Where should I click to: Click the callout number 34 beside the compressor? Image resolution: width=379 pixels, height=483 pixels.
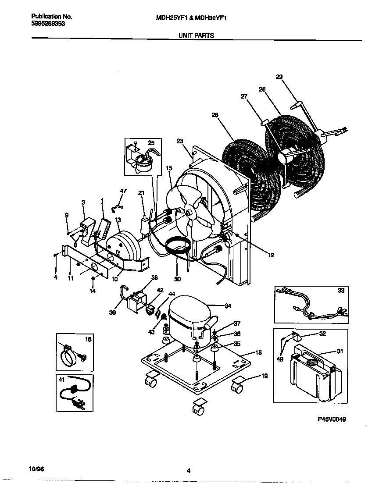click(228, 305)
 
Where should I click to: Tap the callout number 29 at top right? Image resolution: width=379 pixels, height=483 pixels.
click(279, 77)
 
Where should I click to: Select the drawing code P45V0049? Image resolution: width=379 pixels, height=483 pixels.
click(332, 419)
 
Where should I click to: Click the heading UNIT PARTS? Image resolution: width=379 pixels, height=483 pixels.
click(196, 36)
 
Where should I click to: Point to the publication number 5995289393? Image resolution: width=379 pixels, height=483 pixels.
click(49, 24)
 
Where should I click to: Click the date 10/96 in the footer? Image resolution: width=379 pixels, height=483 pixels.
click(37, 469)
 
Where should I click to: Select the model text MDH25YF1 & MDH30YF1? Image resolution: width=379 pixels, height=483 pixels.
click(191, 18)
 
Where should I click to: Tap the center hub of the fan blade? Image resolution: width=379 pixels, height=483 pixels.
click(190, 212)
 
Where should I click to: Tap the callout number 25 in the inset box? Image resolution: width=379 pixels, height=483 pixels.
click(151, 143)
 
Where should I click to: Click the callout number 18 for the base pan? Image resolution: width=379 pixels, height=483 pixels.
click(259, 352)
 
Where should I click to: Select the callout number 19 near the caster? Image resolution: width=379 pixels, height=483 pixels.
click(264, 376)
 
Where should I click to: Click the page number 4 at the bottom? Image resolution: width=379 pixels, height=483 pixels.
click(188, 471)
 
